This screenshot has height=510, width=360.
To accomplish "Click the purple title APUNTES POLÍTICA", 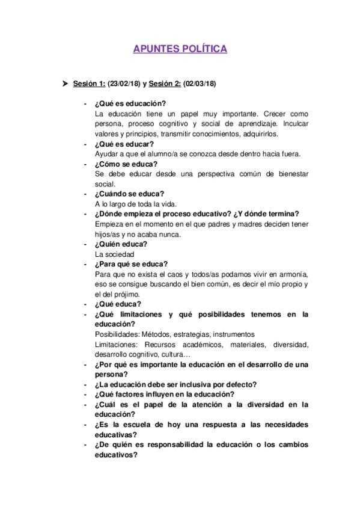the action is [180, 49].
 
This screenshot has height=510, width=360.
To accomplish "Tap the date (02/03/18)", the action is [200, 84].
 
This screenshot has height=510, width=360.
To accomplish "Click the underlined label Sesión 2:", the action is [165, 84].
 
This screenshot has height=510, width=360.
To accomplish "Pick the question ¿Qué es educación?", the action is [130, 103].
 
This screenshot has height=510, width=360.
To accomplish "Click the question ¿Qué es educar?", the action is [124, 144].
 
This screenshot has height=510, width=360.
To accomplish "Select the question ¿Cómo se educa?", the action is [126, 164].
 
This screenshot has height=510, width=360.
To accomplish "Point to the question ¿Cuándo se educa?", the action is [130, 194].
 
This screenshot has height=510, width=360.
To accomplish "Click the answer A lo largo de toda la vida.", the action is [135, 204].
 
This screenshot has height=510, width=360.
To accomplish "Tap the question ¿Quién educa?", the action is [121, 244].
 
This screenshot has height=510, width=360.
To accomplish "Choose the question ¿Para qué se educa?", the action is [132, 264].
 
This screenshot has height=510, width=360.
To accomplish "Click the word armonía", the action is [290, 274].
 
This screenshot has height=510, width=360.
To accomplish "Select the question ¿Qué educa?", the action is [118, 304].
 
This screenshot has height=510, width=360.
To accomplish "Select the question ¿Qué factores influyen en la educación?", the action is [164, 395].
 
